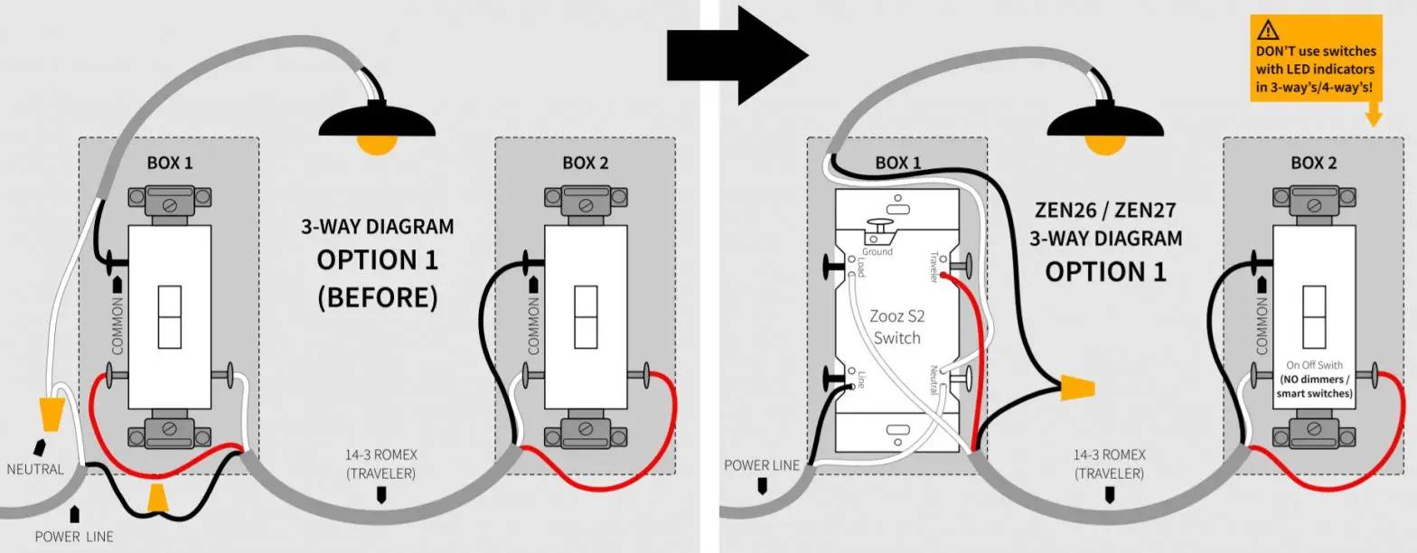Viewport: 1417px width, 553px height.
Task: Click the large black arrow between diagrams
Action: [x=737, y=55]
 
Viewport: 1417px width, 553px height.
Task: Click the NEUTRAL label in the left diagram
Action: [x=35, y=469]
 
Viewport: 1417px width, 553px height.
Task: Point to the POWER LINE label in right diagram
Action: [x=762, y=465]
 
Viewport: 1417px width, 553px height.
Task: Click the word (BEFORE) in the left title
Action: [x=377, y=297]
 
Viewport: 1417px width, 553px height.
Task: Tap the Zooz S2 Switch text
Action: [x=896, y=328]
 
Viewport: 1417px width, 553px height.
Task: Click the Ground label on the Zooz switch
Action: [x=877, y=252]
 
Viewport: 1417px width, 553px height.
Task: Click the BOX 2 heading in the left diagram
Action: [x=585, y=164]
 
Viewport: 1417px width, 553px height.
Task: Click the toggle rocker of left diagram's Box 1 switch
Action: [x=169, y=317]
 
